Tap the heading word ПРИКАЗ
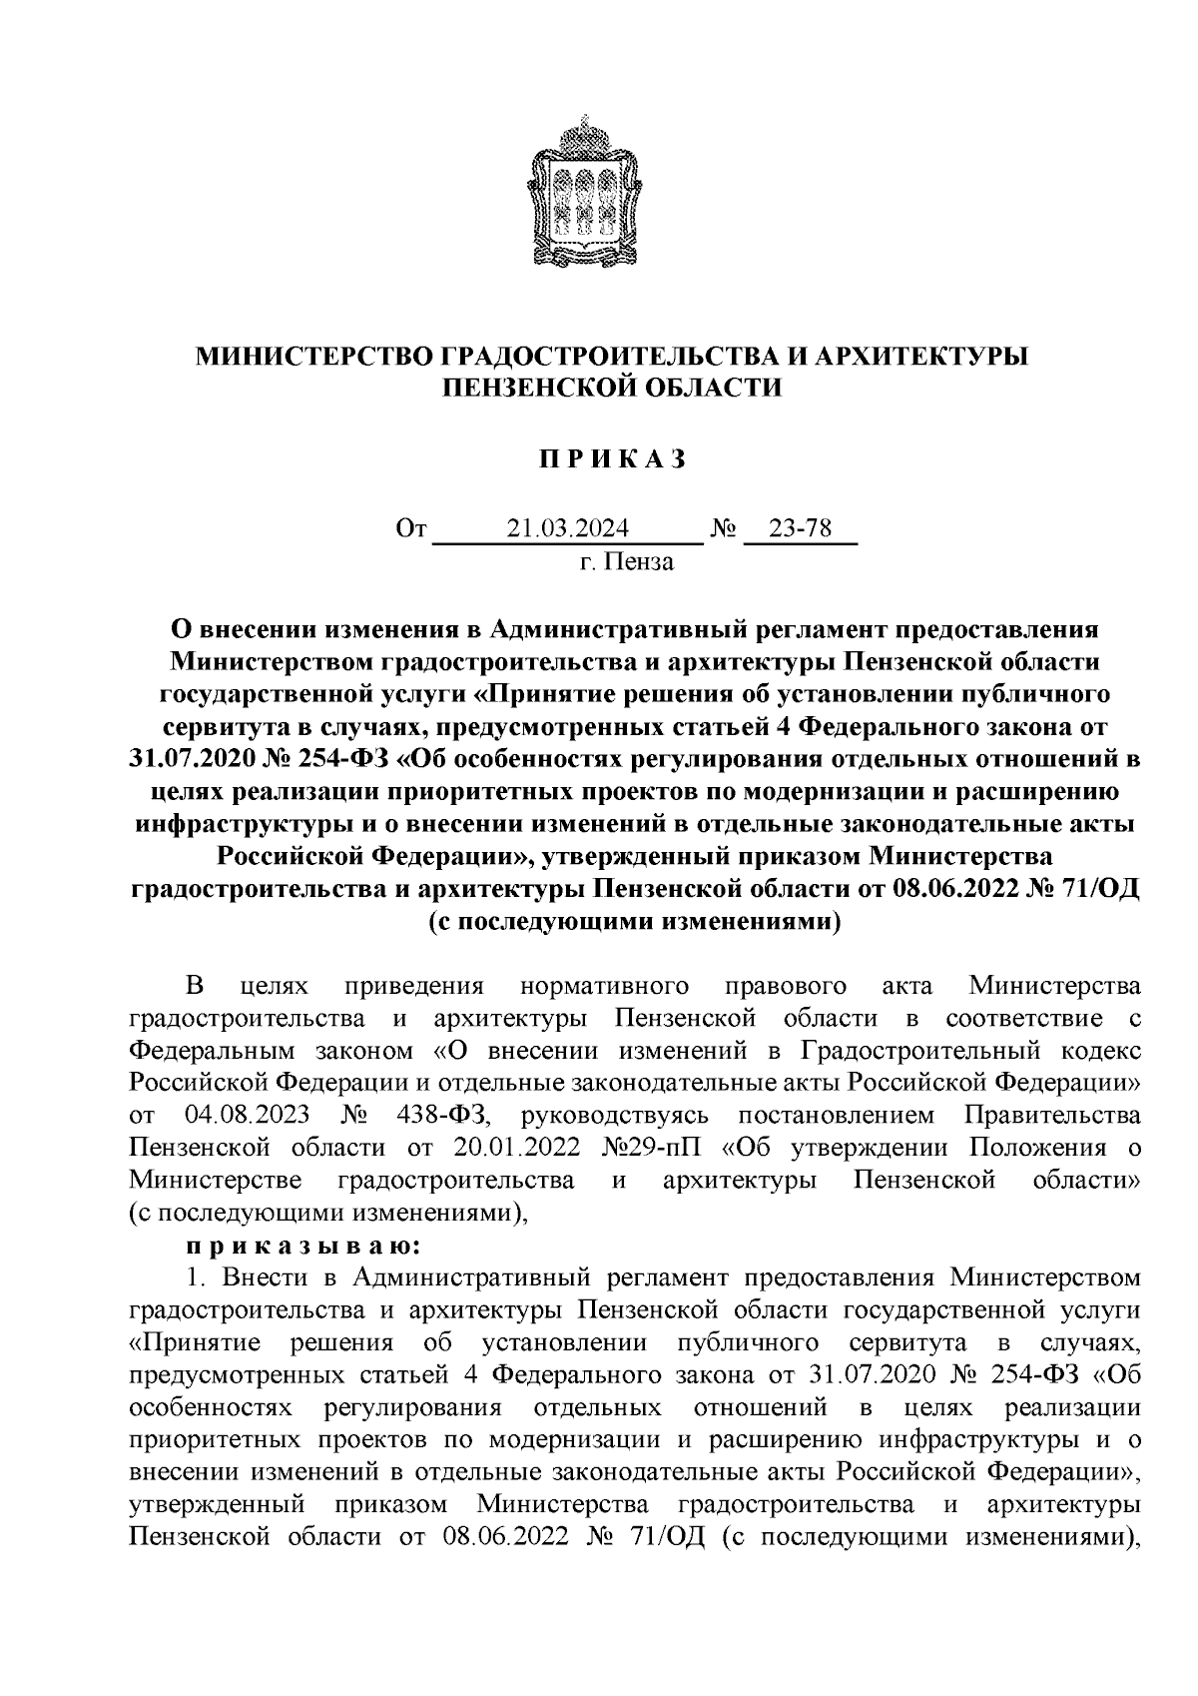[x=599, y=460]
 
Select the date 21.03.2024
[x=566, y=528]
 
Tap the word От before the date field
[x=410, y=528]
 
